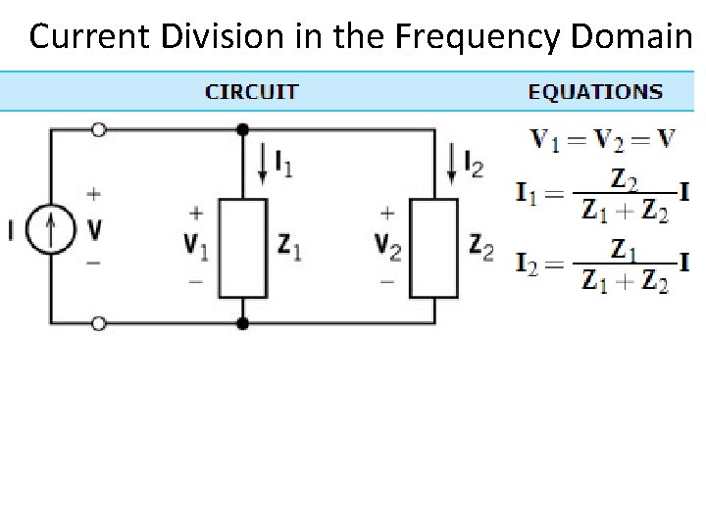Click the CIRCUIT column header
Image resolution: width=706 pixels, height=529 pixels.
tap(251, 92)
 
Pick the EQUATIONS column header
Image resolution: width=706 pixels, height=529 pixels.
tap(595, 92)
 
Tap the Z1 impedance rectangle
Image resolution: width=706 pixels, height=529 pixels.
tap(242, 248)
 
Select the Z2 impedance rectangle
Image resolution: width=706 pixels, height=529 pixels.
tap(433, 248)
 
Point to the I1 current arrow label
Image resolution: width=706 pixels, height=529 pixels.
tap(281, 166)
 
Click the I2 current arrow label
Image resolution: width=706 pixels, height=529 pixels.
tap(472, 166)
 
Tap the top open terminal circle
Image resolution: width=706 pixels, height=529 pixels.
tap(98, 129)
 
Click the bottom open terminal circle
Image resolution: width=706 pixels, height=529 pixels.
tap(98, 323)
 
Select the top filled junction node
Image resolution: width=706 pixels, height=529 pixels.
tap(242, 129)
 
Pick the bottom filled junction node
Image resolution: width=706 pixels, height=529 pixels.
tap(242, 323)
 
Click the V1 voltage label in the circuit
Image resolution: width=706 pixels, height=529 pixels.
tap(196, 246)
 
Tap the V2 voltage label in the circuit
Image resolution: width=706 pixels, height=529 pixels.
tap(387, 246)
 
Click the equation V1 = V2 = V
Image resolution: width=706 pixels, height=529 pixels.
tap(603, 139)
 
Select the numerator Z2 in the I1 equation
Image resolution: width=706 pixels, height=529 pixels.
tap(624, 179)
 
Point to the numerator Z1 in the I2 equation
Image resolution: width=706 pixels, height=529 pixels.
tap(624, 251)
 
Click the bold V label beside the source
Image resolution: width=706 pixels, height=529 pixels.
tap(95, 229)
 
